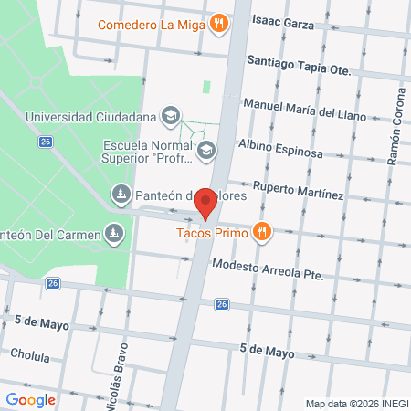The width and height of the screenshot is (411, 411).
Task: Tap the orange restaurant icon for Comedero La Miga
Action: point(218,24)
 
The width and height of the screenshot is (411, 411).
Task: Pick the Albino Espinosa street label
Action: point(279,148)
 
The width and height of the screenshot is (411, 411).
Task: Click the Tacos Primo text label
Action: point(212,232)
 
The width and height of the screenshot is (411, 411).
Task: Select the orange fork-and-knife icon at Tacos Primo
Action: point(263,231)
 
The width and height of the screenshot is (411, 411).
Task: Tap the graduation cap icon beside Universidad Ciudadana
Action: point(170,116)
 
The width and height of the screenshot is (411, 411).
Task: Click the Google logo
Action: point(31,399)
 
